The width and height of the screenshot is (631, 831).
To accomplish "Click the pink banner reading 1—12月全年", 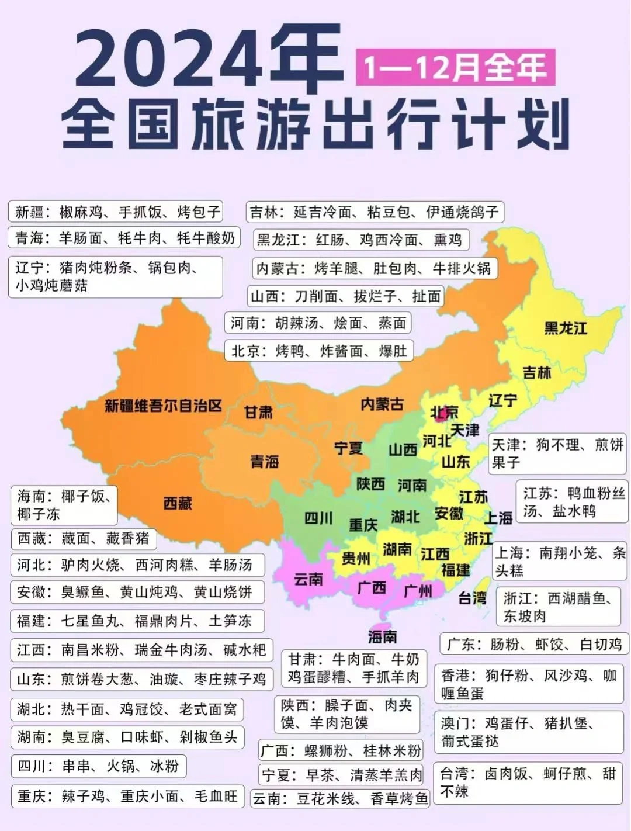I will coord(455,68).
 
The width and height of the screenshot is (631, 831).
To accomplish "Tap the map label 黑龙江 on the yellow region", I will coord(565,328).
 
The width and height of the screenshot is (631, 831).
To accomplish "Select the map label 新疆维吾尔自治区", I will coord(164,406).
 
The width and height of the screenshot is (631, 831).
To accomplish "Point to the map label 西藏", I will coord(178,503).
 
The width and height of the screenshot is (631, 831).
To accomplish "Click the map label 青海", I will coord(265,462).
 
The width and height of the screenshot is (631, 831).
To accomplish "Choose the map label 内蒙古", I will coord(382,404).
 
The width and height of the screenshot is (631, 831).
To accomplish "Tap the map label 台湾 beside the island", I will coord(472,598).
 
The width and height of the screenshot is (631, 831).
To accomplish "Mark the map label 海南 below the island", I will coord(383,636).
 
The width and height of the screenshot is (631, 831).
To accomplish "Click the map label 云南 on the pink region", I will coord(308,579).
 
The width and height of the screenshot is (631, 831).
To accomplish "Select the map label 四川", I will coord(318,518).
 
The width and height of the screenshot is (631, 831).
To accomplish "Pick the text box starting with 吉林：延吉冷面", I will coord(374,212).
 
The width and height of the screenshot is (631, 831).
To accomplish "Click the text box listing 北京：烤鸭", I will coord(319,351).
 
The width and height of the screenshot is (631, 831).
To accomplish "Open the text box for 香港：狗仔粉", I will coord(529,684).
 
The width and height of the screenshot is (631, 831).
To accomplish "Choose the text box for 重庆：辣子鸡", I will coord(127,797).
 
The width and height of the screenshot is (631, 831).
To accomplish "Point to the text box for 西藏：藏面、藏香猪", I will coord(84,538).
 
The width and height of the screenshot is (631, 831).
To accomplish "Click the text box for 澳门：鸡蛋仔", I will coord(529,732).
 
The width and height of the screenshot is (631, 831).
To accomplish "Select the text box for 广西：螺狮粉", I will coord(341,750).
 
